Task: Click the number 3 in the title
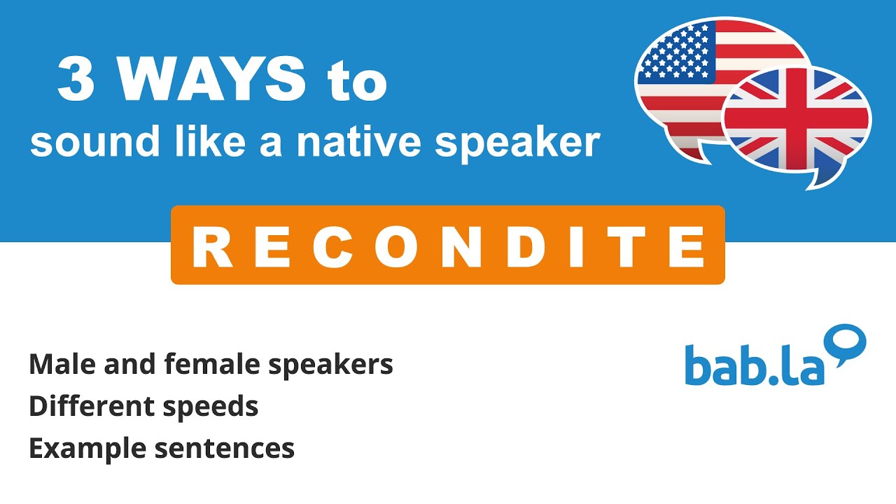[76, 80]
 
